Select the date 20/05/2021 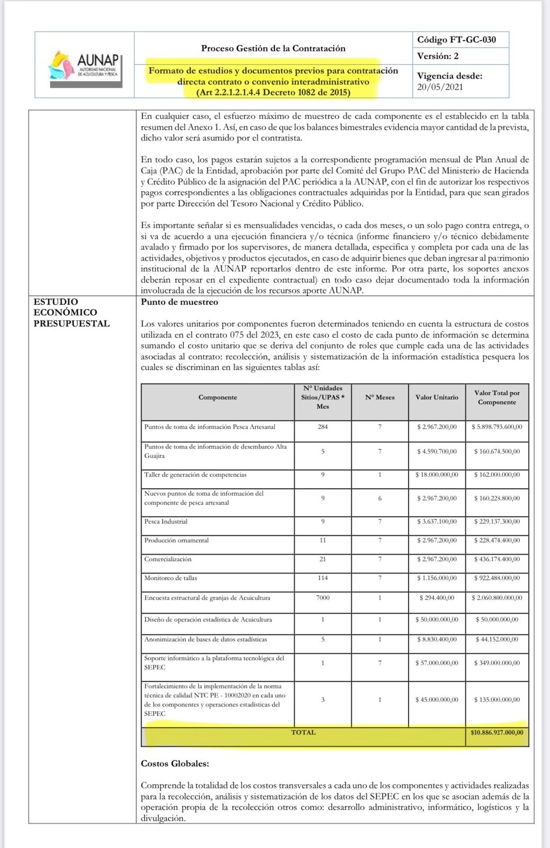click(440, 87)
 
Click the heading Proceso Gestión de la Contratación click(273, 48)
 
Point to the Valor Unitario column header click(437, 397)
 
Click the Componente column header click(218, 397)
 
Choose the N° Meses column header click(380, 397)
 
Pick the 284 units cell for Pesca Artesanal click(323, 427)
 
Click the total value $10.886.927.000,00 click(496, 732)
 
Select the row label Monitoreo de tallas click(171, 578)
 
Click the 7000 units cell click(323, 597)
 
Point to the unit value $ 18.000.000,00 click(437, 475)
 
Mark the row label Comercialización click(168, 559)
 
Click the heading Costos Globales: click(175, 764)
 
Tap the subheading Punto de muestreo click(179, 302)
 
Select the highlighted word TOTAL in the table click(303, 732)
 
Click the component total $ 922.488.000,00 click(496, 578)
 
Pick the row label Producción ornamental click(176, 540)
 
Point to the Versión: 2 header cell click(438, 56)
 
